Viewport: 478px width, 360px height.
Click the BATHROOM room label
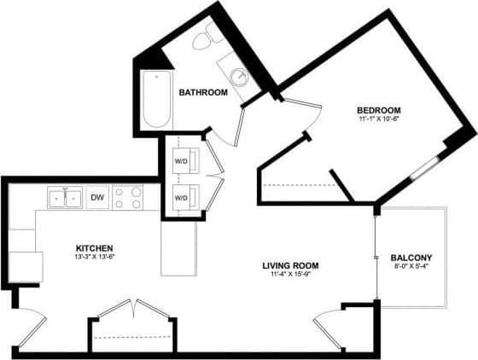(202, 92)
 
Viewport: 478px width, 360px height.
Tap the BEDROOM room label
(378, 111)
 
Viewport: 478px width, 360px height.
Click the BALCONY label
(411, 258)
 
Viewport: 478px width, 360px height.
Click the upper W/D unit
(183, 160)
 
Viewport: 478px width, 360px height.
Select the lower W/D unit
(183, 198)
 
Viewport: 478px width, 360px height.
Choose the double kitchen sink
(64, 198)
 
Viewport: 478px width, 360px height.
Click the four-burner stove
(128, 198)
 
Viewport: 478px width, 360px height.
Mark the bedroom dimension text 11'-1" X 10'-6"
(378, 120)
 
